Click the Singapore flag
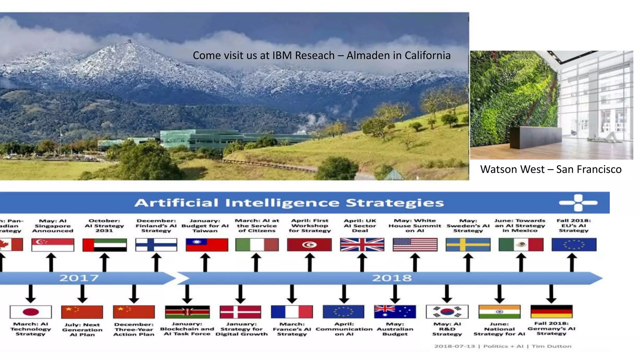point(53,245)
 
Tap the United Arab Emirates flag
point(105,245)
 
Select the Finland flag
point(156,245)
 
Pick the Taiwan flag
point(207,245)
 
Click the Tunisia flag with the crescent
point(309,245)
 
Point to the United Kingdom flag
point(362,245)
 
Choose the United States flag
point(415,245)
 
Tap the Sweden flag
point(468,245)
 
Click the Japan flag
point(31,312)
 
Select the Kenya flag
point(187,312)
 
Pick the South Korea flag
point(447,312)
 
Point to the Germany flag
point(552,312)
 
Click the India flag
point(499,312)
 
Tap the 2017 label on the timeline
point(79,278)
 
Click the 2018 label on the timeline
point(392,278)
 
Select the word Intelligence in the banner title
point(282,203)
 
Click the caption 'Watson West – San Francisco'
point(551,169)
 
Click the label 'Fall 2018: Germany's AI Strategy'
point(551,328)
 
